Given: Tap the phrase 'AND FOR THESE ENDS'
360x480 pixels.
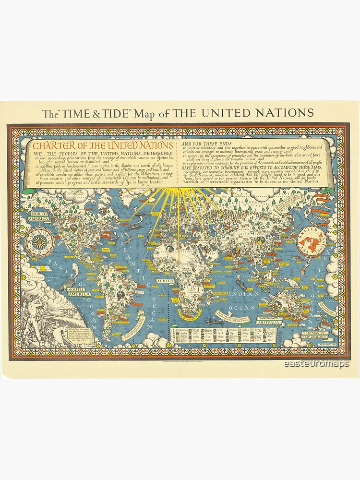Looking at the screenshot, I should point(206,143).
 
